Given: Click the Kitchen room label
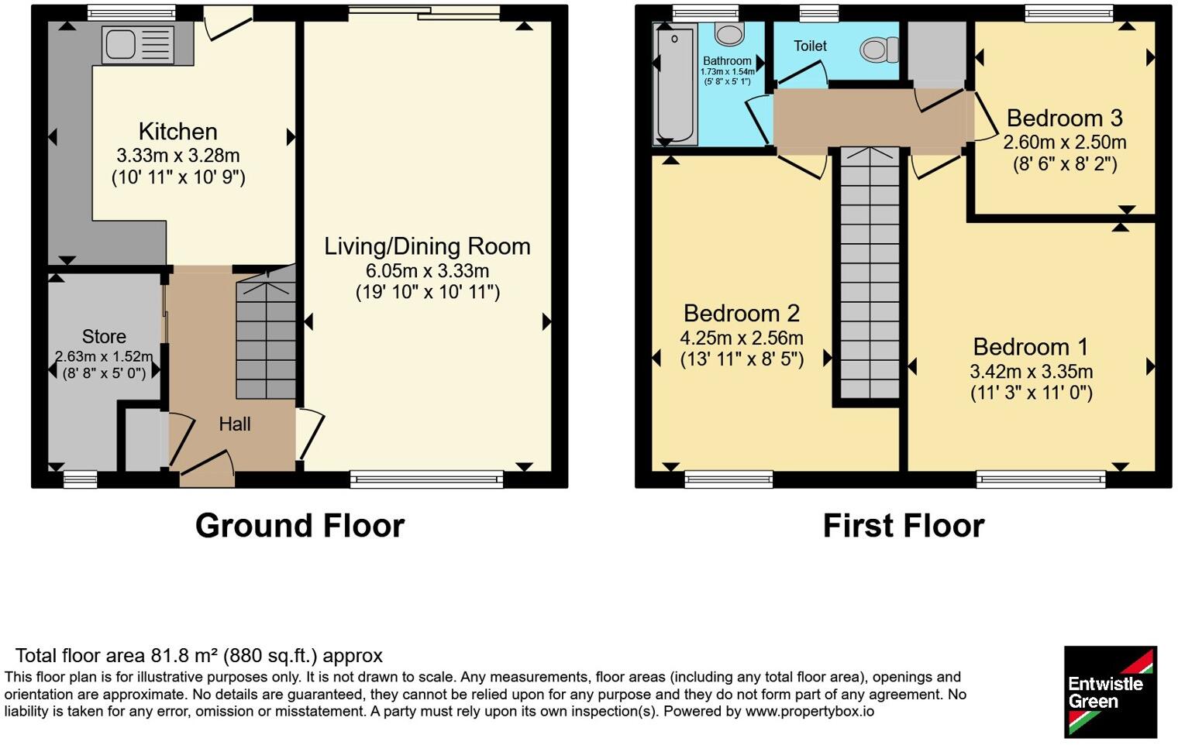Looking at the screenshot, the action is pos(177,132).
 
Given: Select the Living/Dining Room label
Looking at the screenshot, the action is pos(427,246).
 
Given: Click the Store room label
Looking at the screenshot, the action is pos(104,336).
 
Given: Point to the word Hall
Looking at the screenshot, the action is pos(235,424).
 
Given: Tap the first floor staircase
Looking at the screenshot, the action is pos(870,273).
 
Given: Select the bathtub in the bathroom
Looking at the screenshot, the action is pos(675,84).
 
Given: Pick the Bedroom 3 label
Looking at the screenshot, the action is pos(1064,118).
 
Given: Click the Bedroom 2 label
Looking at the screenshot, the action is pos(742,313).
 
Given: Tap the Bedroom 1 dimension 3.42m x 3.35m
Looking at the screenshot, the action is pos(1032,372).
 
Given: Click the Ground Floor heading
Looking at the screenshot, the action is pos(300,525).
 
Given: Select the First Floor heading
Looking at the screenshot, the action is pos(904,525).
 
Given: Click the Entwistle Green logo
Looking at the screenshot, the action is pos(1111,692).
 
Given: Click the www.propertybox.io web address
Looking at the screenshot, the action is pos(810,712).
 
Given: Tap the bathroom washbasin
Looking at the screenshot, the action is pos(728,33).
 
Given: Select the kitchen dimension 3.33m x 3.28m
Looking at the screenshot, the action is pos(177,156).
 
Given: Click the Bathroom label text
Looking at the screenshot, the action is pos(727,61).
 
